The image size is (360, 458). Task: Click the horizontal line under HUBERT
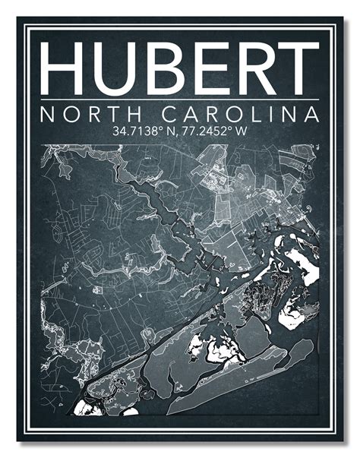[180, 102]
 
